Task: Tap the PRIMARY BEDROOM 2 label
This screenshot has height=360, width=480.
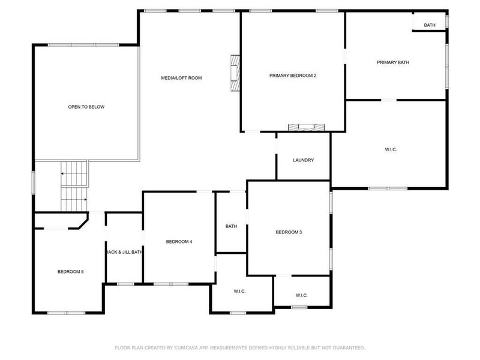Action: click(x=292, y=76)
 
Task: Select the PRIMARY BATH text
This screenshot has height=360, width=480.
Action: click(x=393, y=62)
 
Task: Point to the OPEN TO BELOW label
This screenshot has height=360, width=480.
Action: click(x=86, y=107)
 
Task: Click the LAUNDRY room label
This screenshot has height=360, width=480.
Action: click(x=303, y=160)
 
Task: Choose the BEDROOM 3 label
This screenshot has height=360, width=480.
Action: click(x=289, y=232)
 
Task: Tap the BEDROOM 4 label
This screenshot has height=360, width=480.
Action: click(x=179, y=242)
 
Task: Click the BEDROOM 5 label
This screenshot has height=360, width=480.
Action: click(x=70, y=272)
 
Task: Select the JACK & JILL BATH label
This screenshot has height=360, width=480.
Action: click(x=124, y=253)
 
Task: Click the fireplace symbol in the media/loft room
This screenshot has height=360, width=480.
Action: click(x=235, y=73)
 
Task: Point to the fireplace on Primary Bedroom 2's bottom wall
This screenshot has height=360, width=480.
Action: click(x=306, y=127)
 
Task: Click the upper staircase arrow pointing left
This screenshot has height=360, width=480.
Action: click(x=62, y=174)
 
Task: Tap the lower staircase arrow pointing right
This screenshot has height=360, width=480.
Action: click(x=85, y=200)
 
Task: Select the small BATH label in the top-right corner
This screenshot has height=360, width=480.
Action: click(x=430, y=25)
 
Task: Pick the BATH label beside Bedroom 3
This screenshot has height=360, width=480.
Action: click(x=231, y=226)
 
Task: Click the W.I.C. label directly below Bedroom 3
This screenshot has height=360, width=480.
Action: click(x=302, y=295)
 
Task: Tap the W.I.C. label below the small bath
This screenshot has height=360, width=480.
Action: click(x=239, y=291)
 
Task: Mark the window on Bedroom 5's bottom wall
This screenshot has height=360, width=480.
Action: click(x=67, y=312)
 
